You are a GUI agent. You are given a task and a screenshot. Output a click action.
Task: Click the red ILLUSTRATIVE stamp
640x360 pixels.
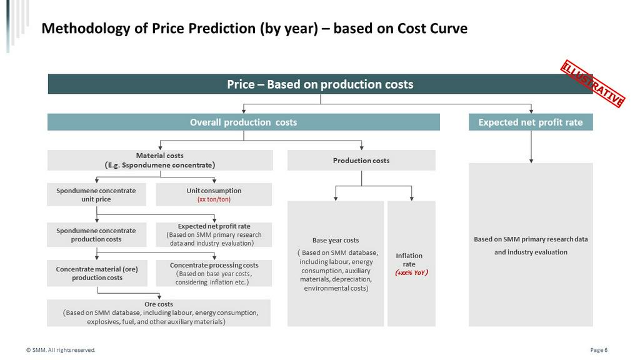592,84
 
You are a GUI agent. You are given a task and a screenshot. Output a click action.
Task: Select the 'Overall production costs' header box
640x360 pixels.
244,122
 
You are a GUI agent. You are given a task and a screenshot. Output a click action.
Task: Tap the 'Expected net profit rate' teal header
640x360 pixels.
531,122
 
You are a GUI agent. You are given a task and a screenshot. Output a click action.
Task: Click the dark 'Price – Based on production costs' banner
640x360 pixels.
320,84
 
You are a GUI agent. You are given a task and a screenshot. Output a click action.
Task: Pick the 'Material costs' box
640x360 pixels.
160,160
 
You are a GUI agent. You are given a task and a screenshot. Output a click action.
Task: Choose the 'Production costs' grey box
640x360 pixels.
361,161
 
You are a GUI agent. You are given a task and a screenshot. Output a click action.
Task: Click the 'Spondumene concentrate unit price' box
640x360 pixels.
96,195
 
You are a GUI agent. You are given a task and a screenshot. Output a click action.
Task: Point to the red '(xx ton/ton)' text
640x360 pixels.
214,199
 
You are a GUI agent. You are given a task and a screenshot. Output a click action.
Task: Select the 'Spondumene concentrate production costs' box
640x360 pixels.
96,235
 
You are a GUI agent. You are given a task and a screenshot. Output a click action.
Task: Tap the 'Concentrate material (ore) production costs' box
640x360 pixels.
97,273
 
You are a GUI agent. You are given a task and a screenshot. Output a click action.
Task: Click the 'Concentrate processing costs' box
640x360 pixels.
214,273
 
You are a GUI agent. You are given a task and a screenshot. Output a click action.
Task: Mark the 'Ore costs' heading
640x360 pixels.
159,304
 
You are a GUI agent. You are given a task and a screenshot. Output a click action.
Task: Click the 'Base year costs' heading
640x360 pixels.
336,241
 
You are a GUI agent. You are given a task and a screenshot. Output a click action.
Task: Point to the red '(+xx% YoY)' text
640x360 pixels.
411,272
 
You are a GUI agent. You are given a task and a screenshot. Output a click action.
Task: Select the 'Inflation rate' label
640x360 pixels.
409,259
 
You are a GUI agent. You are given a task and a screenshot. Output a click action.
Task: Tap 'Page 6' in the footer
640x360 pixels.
599,350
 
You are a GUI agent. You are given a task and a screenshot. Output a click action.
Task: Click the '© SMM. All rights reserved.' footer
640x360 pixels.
61,350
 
